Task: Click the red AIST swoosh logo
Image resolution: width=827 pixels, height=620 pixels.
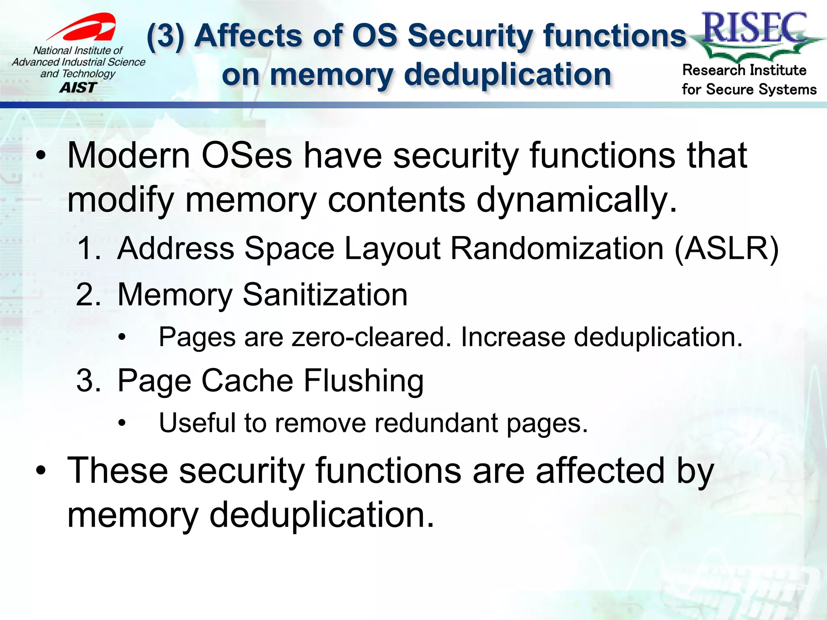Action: [x=87, y=27]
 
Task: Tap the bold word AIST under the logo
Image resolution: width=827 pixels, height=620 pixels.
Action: [x=78, y=88]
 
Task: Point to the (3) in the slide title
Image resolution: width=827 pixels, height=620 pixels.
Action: [x=166, y=36]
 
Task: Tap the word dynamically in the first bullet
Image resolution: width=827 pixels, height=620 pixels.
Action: [x=576, y=199]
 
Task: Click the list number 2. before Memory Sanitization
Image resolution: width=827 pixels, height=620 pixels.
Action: [x=88, y=295]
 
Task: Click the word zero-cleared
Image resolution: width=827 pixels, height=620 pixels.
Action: [x=371, y=337]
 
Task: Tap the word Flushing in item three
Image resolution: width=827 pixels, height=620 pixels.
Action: [x=363, y=381]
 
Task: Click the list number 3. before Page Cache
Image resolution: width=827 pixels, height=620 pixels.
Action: [x=88, y=381]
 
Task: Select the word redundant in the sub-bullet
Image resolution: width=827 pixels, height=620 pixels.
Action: [x=436, y=423]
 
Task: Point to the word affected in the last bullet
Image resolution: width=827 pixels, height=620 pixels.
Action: [x=600, y=471]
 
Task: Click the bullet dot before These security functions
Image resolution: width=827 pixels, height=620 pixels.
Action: [x=40, y=471]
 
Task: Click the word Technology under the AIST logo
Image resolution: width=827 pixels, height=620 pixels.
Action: [x=89, y=74]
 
